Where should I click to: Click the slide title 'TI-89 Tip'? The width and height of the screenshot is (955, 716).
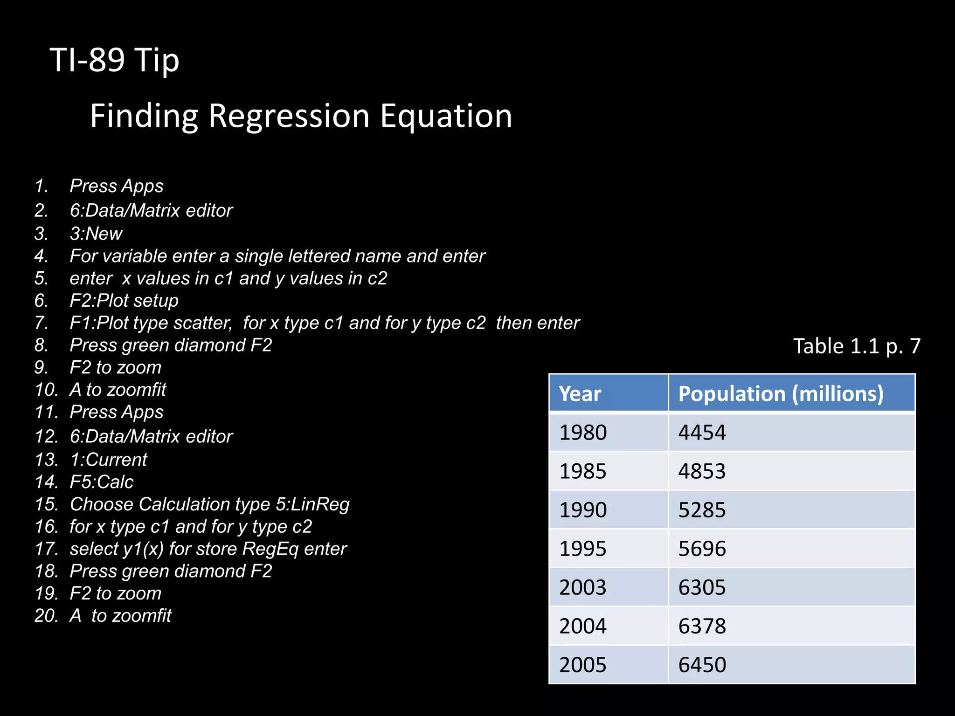point(114,61)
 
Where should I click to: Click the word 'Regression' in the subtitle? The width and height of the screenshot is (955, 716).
point(290,116)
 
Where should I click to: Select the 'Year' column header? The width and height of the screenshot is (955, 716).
point(580,394)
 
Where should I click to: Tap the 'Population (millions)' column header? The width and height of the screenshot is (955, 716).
point(781,394)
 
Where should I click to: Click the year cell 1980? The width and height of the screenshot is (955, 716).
point(583,433)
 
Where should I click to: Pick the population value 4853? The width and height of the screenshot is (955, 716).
point(702,471)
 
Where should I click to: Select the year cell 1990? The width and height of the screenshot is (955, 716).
point(583,510)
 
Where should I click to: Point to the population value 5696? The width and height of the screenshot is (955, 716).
point(702,549)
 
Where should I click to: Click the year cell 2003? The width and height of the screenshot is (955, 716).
point(583,587)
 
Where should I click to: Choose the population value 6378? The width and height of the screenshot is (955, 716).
point(702,626)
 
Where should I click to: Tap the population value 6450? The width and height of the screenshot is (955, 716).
point(702,665)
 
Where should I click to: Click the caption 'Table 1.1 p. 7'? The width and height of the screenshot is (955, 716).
point(857,346)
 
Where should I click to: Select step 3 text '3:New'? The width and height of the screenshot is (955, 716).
point(96,234)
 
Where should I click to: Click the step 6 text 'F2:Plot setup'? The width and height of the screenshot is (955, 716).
point(124,301)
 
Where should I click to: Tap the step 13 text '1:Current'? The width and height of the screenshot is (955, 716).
point(108,460)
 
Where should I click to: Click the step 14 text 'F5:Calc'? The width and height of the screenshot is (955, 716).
point(102,482)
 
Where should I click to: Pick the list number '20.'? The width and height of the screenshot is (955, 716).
point(46,616)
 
